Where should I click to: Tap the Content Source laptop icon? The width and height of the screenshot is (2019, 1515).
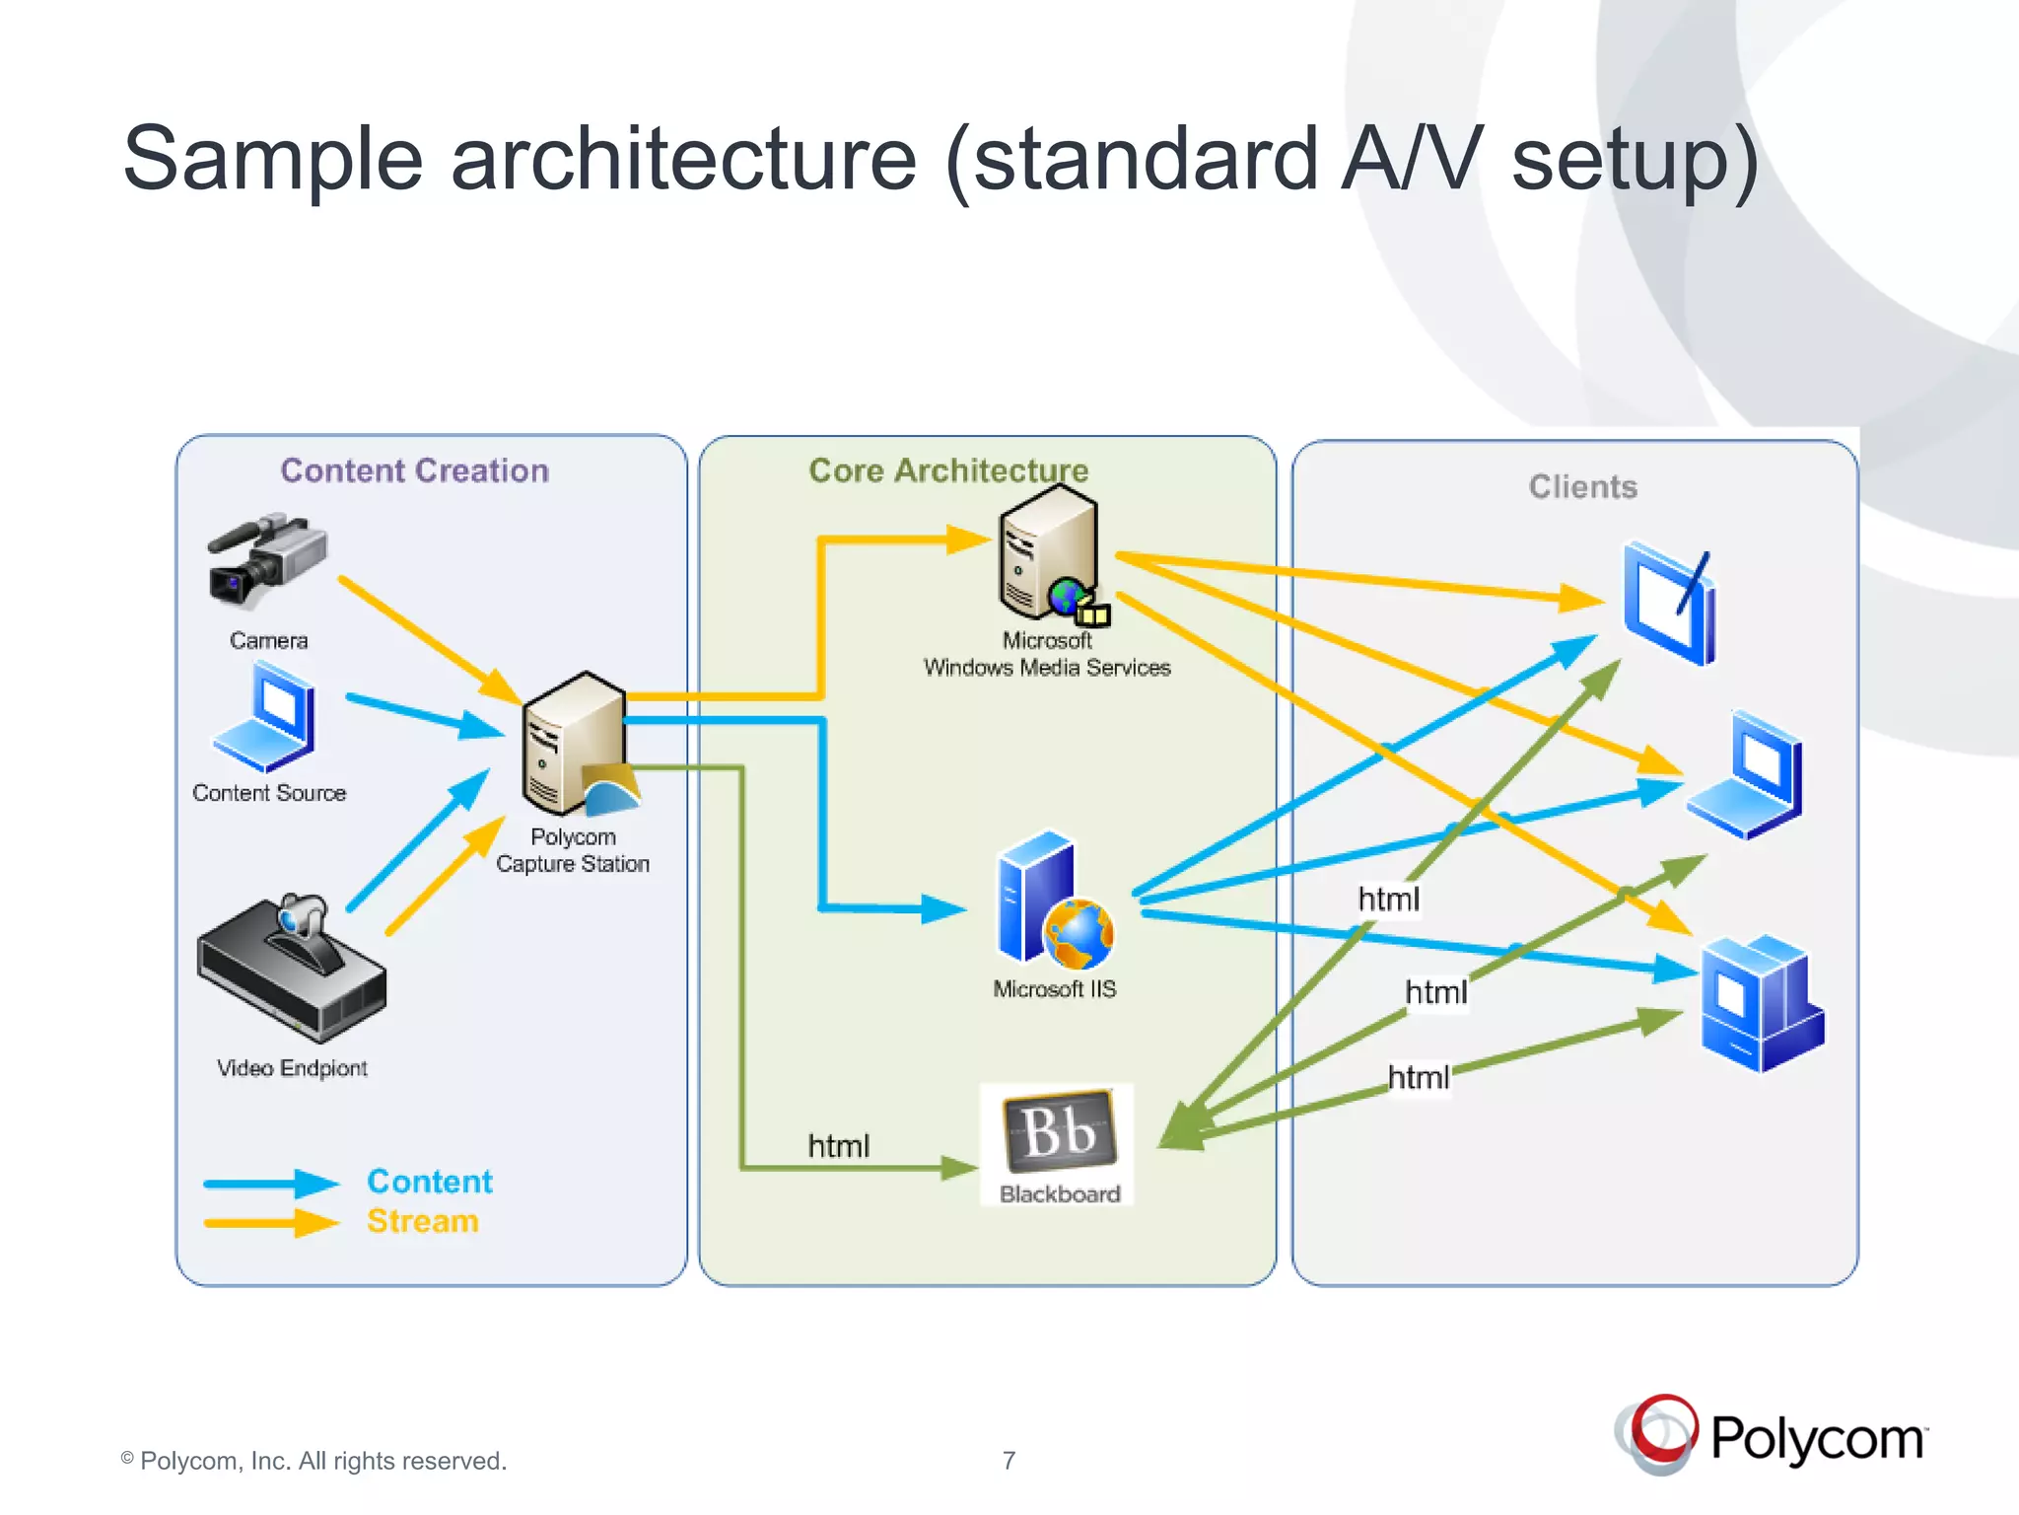coord(265,717)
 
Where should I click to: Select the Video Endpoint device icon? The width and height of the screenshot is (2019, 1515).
coord(292,971)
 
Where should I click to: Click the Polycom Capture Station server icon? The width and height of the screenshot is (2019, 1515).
coord(576,745)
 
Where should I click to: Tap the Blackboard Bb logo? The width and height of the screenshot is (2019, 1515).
coord(1059,1130)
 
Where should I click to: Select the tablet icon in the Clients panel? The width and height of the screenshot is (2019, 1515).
coord(1670,603)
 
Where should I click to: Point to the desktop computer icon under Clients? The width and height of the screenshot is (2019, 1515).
coord(1762,1003)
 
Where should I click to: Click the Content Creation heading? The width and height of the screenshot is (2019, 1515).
coord(414,470)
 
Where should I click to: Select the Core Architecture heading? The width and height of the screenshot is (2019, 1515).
coord(948,470)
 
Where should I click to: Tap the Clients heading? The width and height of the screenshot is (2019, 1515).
coord(1582,486)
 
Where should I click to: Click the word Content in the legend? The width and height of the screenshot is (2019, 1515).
coord(430,1181)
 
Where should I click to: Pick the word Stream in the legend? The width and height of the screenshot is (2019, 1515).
coord(423,1221)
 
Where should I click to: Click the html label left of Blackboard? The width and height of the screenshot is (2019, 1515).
coord(838,1145)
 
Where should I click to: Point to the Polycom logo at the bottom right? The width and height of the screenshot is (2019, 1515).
coord(1771,1436)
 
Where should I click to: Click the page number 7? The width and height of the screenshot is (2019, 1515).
coord(1009,1460)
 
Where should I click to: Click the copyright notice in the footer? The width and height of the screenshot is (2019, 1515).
coord(313,1460)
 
